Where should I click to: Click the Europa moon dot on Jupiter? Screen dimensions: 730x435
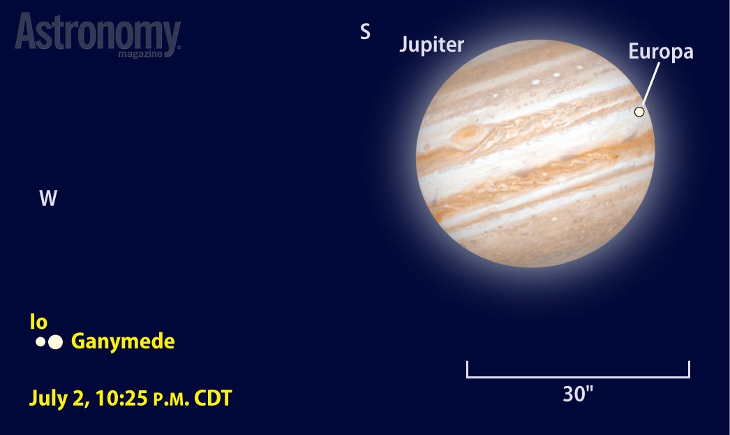click(639, 112)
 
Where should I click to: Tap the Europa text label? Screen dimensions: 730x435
click(661, 51)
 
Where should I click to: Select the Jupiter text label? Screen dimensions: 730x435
click(431, 45)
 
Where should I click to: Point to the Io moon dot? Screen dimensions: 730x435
click(40, 342)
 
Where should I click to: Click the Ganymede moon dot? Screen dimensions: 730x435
click(55, 342)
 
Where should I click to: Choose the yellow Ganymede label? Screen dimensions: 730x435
click(123, 341)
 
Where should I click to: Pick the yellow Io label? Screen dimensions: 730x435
click(38, 321)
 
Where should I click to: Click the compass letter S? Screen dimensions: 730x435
click(366, 31)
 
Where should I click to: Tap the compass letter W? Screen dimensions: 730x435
click(48, 198)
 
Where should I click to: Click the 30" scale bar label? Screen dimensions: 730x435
click(578, 394)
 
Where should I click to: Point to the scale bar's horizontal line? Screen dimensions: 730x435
click(578, 377)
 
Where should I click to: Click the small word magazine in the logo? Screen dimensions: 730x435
click(140, 54)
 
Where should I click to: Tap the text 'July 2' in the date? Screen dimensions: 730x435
click(59, 399)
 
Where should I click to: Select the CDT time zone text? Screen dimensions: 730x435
click(213, 398)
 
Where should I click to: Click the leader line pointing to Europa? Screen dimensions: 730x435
click(651, 83)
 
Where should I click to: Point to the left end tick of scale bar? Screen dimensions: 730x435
click(467, 369)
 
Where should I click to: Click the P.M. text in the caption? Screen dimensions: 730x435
click(171, 399)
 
